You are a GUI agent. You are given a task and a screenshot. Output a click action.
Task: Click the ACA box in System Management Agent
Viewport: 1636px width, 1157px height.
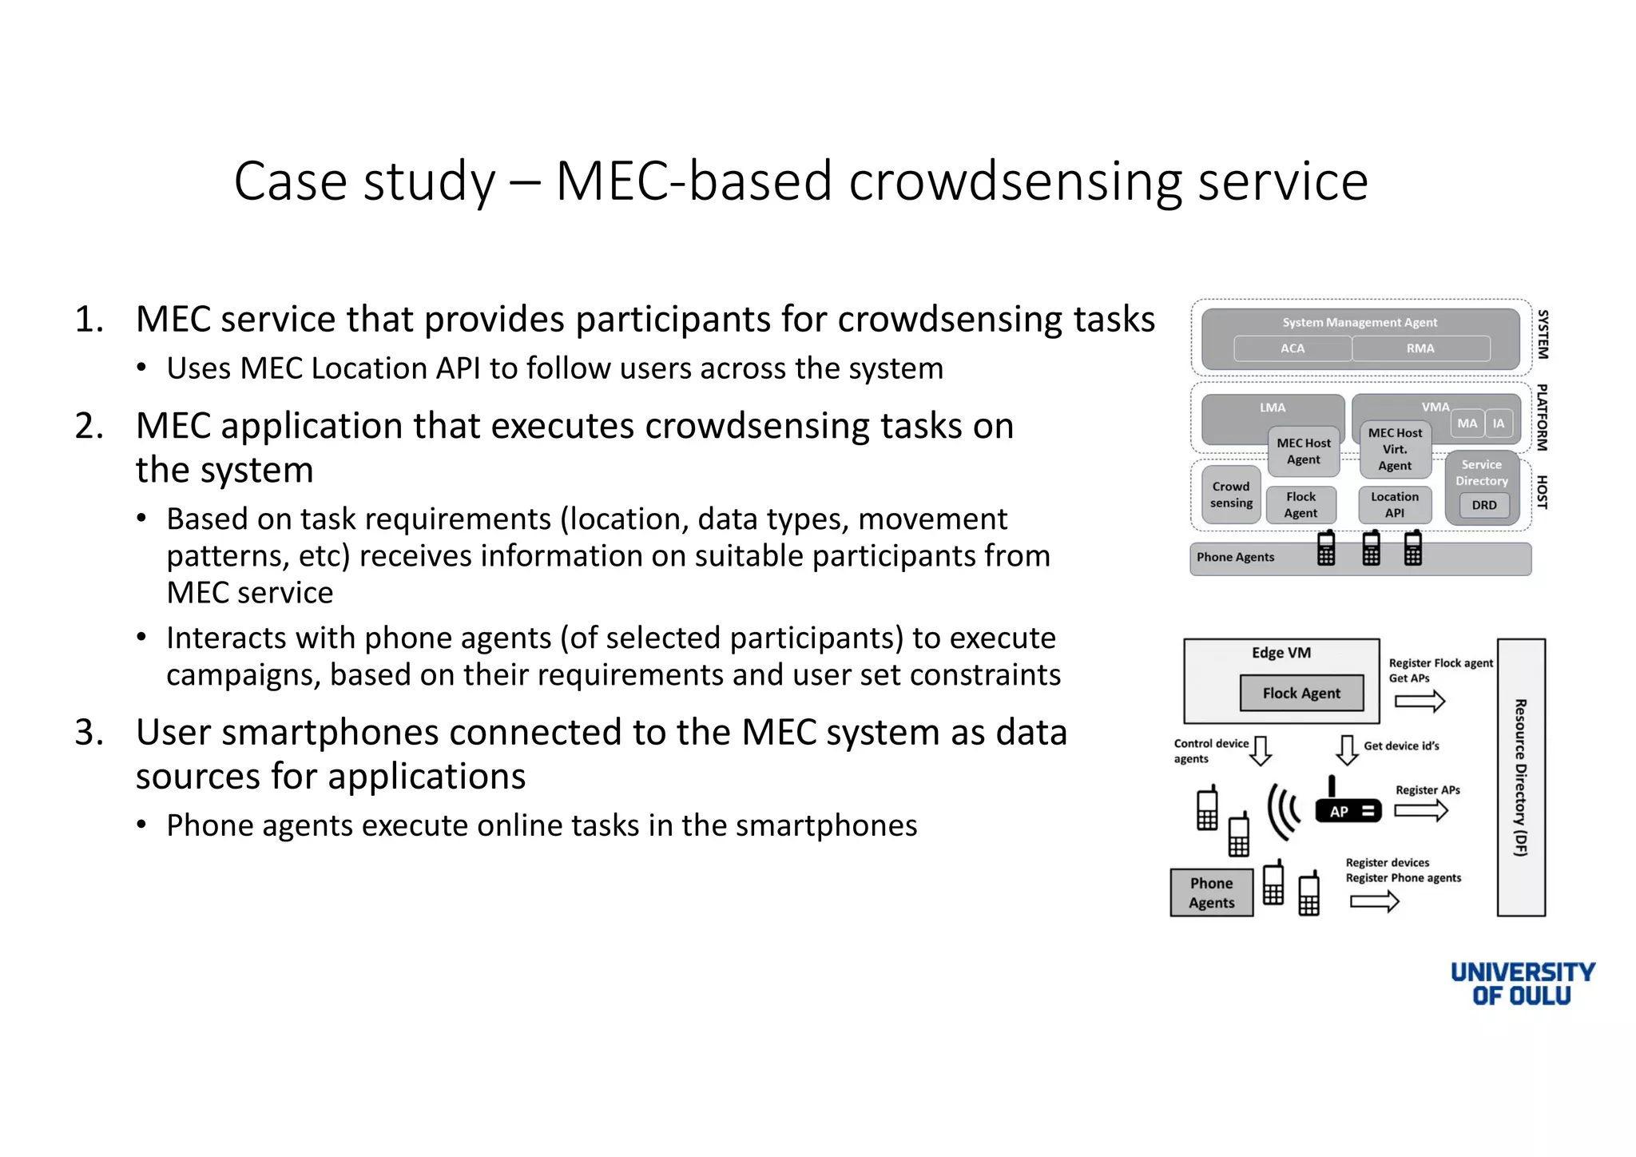pyautogui.click(x=1292, y=348)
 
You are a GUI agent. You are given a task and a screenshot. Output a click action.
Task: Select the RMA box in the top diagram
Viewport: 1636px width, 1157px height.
pyautogui.click(x=1420, y=348)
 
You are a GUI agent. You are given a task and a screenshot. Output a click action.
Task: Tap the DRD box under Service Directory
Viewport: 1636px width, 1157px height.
pyautogui.click(x=1483, y=505)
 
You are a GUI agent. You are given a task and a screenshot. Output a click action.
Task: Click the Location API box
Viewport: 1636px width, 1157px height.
pyautogui.click(x=1395, y=505)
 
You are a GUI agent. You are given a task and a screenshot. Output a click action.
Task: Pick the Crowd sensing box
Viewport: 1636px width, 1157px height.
pyautogui.click(x=1231, y=495)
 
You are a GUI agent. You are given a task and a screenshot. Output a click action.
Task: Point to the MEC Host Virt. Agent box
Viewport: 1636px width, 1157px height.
pyautogui.click(x=1395, y=449)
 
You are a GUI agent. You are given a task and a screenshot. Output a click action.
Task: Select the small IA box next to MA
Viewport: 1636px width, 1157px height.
pyautogui.click(x=1499, y=423)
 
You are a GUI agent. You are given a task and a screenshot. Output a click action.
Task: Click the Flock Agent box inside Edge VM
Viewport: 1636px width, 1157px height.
pyautogui.click(x=1301, y=694)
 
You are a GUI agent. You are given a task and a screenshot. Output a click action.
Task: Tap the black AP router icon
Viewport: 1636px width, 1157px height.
pyautogui.click(x=1348, y=810)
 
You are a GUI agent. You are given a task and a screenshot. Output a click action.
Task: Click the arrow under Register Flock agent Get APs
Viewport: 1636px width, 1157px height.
pyautogui.click(x=1420, y=702)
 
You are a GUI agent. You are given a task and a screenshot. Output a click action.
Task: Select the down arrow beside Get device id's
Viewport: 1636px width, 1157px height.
pyautogui.click(x=1347, y=749)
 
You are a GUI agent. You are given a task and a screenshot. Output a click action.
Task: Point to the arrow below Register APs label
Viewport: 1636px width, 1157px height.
pyautogui.click(x=1421, y=810)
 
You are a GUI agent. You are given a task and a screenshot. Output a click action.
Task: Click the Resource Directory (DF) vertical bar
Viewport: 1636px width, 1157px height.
pyautogui.click(x=1521, y=777)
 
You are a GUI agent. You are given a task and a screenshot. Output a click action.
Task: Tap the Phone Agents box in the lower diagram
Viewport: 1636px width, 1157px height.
pyautogui.click(x=1211, y=893)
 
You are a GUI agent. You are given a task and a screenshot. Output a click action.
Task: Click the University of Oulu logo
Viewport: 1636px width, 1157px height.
pyautogui.click(x=1522, y=984)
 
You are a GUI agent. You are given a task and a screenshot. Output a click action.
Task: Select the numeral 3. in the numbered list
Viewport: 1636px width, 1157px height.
pyautogui.click(x=89, y=733)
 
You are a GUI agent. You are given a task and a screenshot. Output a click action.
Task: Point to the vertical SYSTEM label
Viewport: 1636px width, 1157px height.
pyautogui.click(x=1543, y=334)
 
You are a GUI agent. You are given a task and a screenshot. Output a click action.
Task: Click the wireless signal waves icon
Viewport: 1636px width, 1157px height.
pyautogui.click(x=1284, y=811)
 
